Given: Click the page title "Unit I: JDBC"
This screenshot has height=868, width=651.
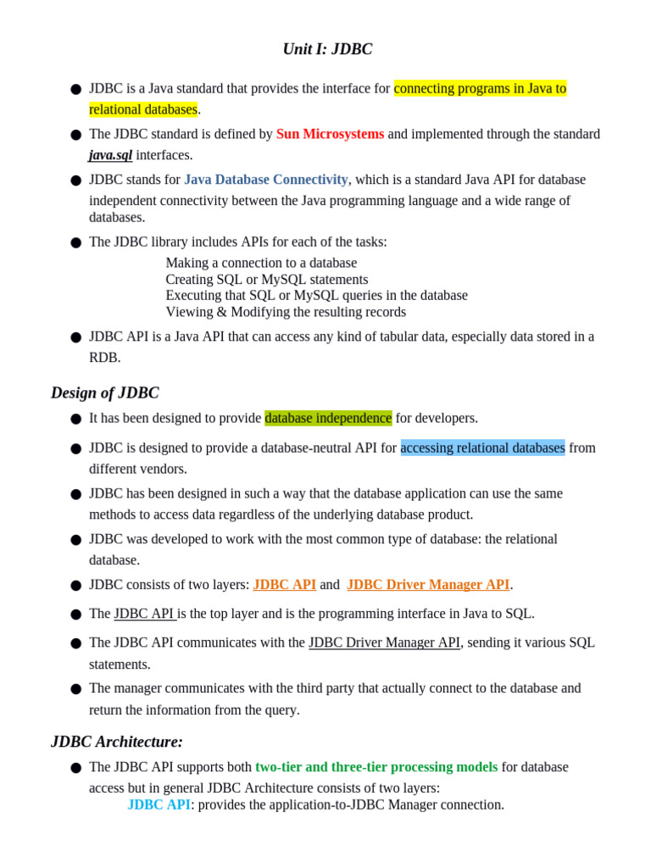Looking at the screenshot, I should click(x=327, y=49).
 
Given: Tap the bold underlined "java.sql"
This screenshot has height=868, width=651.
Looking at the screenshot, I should click(x=110, y=155).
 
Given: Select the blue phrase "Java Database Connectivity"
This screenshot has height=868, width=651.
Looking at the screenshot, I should click(x=265, y=180).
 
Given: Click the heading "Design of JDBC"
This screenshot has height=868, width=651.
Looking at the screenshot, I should click(x=104, y=392).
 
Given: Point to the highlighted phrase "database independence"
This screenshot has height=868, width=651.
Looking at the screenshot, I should click(x=328, y=418).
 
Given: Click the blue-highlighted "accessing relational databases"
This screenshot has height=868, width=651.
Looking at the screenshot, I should click(x=482, y=448).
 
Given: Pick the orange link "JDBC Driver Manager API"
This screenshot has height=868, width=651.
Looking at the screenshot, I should click(x=428, y=584).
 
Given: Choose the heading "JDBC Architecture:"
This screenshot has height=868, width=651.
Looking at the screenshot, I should click(x=117, y=742).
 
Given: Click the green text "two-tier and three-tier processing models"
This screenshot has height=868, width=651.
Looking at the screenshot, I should click(x=376, y=767).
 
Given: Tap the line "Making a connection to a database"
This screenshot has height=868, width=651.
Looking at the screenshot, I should click(x=261, y=263).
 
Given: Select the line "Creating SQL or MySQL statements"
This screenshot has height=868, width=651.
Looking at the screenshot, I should click(x=266, y=279).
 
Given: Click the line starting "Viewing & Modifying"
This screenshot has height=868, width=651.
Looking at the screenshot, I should click(x=285, y=311).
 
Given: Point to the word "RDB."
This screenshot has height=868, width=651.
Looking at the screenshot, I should click(x=105, y=357).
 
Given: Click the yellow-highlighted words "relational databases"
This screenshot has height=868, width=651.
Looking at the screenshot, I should click(x=143, y=109).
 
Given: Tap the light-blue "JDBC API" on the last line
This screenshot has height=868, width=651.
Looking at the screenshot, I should click(x=159, y=804).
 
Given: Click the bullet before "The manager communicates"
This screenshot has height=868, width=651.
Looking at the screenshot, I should click(x=76, y=689).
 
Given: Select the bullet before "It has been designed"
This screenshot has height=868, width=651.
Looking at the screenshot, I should click(x=76, y=419).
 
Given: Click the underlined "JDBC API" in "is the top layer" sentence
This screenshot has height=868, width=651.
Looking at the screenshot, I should click(x=144, y=614).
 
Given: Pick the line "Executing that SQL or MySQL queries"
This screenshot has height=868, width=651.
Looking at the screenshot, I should click(x=316, y=295).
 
